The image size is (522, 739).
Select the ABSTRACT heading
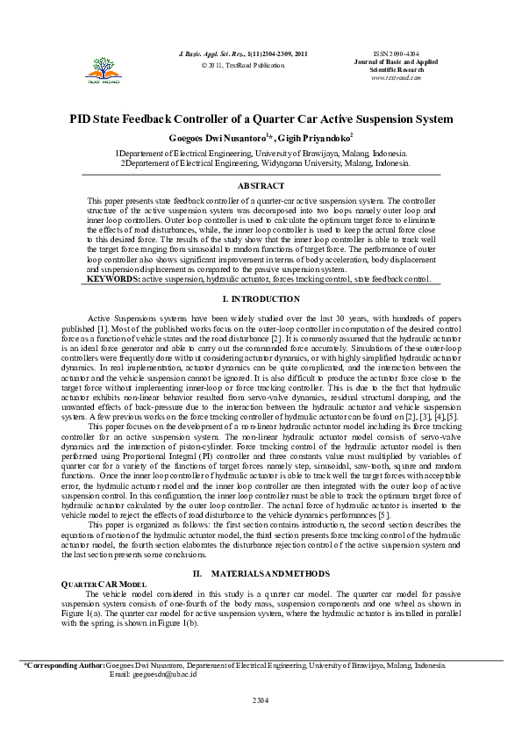[261, 186]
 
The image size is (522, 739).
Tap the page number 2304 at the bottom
[261, 700]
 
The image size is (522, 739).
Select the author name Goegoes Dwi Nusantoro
[216, 139]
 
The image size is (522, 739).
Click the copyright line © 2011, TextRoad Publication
[243, 65]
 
